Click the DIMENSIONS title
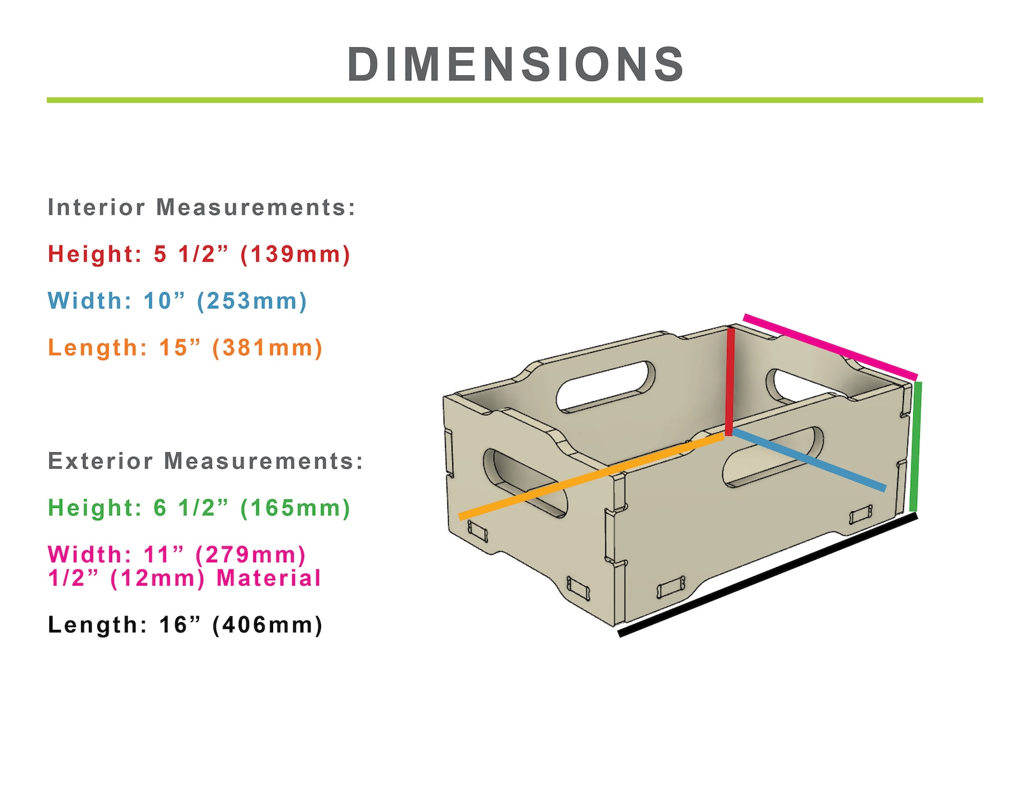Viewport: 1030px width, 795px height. point(516,65)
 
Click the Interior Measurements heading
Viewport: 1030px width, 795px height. point(202,207)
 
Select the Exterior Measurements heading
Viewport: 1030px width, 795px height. point(206,461)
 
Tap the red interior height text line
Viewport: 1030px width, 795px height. point(199,254)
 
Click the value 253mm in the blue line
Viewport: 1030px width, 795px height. point(251,301)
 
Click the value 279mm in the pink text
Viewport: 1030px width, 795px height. point(250,555)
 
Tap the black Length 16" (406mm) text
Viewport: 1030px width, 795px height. point(185,625)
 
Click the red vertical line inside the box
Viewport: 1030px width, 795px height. point(730,382)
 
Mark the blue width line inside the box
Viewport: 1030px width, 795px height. point(809,459)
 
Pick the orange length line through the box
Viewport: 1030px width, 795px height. point(590,477)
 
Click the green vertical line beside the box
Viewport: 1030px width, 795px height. point(915,447)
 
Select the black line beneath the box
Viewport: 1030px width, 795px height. point(768,574)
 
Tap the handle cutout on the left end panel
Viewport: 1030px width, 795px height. point(525,483)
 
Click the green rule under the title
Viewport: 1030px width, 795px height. point(514,100)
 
